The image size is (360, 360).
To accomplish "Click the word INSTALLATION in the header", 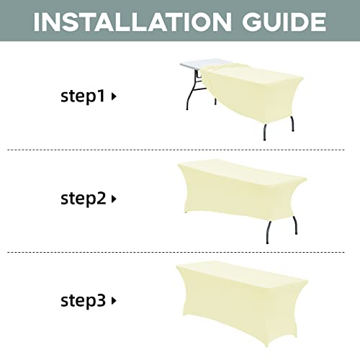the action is pyautogui.click(x=132, y=22).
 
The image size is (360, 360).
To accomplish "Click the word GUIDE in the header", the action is pyautogui.click(x=284, y=22).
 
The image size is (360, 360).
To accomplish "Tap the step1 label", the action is pyautogui.click(x=83, y=96).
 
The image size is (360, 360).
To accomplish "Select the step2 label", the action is pyautogui.click(x=84, y=199).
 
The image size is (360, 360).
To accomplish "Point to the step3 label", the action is pyautogui.click(x=83, y=300).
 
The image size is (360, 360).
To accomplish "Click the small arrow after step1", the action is pyautogui.click(x=114, y=96).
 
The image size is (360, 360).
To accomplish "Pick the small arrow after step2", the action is pyautogui.click(x=114, y=199).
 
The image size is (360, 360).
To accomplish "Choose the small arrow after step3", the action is pyautogui.click(x=114, y=301).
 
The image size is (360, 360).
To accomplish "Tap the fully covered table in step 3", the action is pyautogui.click(x=242, y=303).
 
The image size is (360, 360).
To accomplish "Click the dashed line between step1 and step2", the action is pyautogui.click(x=176, y=150).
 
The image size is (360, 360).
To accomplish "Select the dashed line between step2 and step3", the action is pyautogui.click(x=176, y=252).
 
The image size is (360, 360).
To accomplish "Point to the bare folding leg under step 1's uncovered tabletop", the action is pyautogui.click(x=192, y=92).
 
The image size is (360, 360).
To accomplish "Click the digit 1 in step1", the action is pyautogui.click(x=102, y=95).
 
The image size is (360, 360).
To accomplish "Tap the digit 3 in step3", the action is pyautogui.click(x=101, y=300).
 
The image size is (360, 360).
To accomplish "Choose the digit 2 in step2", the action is pyautogui.click(x=102, y=198).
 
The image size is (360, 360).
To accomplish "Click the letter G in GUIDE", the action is pyautogui.click(x=252, y=22).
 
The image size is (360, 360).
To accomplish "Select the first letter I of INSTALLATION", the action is pyautogui.click(x=37, y=22).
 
